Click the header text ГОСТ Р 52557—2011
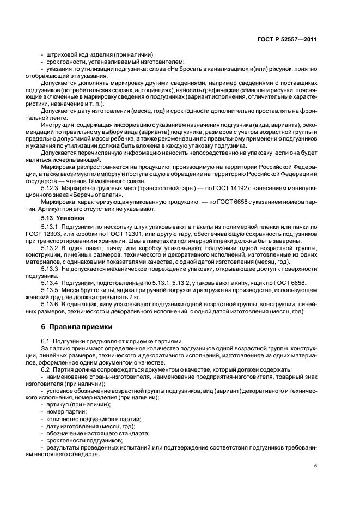[x=289, y=40]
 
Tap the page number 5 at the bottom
[x=315, y=465]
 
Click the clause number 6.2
[x=46, y=369]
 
